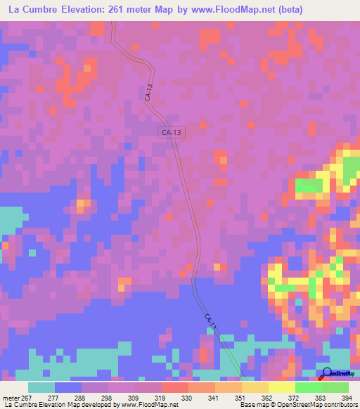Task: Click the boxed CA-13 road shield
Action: pos(172,132)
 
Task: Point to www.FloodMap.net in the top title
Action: pos(247,11)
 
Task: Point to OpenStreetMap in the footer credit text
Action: pos(296,405)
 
